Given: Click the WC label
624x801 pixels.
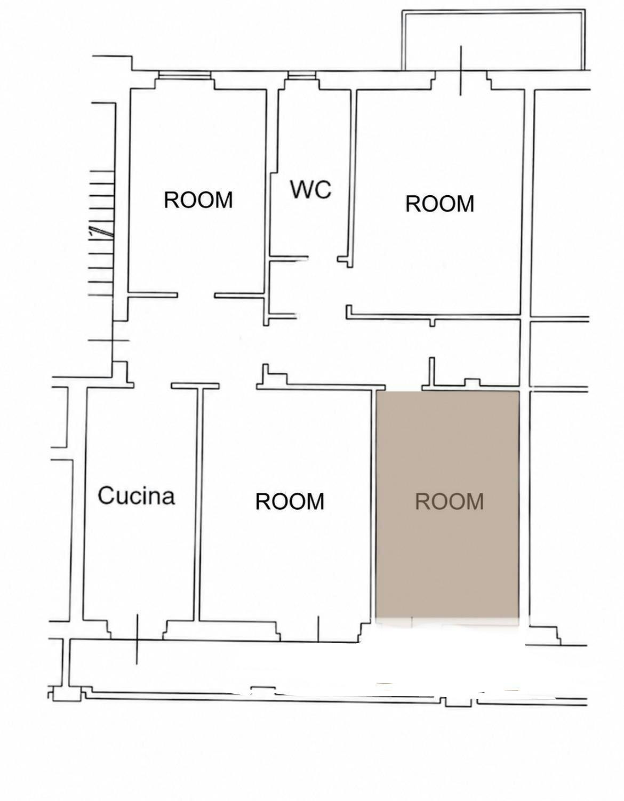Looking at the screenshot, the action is click(x=310, y=189).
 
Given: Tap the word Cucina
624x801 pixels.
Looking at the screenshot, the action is click(x=136, y=496).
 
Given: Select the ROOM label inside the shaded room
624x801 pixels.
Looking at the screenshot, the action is click(x=449, y=501).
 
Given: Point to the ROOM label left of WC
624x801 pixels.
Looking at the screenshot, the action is click(x=198, y=200).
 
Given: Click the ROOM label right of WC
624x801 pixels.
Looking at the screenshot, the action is click(x=439, y=204).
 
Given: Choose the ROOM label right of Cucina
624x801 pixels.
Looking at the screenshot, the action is click(x=290, y=501).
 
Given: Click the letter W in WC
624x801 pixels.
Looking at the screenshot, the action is click(x=301, y=189).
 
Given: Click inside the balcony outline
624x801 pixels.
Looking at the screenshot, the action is click(x=493, y=41).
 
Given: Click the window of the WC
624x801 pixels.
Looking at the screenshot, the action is click(x=302, y=75).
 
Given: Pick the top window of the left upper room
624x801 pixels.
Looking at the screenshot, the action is click(x=185, y=75).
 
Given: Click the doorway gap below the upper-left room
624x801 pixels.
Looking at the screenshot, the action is click(x=196, y=295).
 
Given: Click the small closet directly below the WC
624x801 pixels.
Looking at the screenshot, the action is click(x=283, y=287).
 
